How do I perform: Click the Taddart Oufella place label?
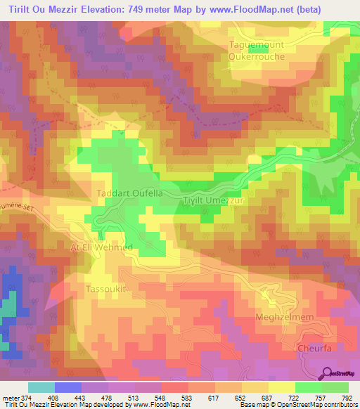[x=129, y=193]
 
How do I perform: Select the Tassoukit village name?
[x=106, y=289]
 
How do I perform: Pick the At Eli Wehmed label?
[x=101, y=248]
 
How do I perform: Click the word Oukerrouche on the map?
[x=257, y=56]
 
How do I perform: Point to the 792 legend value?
[x=346, y=398]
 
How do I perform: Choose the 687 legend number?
[x=267, y=398]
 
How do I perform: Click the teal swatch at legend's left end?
[x=41, y=388]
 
